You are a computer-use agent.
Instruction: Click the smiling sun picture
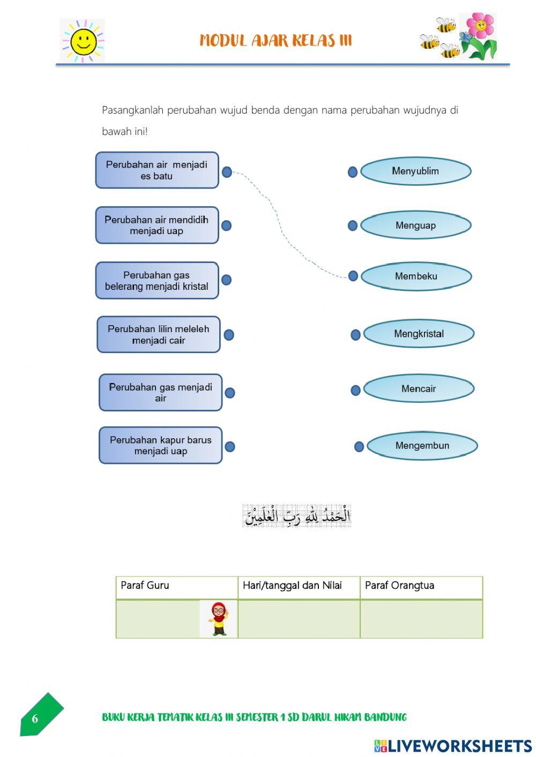coord(83,41)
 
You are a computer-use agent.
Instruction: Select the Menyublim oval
coord(415,171)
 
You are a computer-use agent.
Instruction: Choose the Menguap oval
coord(415,226)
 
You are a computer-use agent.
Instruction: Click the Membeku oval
coord(416,276)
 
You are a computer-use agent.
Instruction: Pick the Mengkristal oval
coord(419,334)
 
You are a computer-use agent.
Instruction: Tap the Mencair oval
coord(419,389)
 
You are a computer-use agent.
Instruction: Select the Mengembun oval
coord(422,446)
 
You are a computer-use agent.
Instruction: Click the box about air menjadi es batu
coord(157,170)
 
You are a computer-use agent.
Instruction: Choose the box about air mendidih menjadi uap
coord(157,226)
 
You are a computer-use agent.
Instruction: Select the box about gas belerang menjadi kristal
coord(157,281)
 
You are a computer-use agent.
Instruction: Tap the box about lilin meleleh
coord(159,335)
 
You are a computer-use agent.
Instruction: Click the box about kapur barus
coord(160,445)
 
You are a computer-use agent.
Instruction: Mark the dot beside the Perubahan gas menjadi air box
coord(230,393)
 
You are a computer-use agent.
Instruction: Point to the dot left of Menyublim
coord(353,172)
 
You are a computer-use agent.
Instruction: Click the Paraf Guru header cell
coord(176,587)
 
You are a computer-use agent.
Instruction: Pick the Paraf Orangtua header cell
coord(421,587)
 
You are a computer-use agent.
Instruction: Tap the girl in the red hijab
coord(218,619)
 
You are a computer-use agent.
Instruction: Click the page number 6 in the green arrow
coord(35,719)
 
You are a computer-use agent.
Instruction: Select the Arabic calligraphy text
coord(297,516)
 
